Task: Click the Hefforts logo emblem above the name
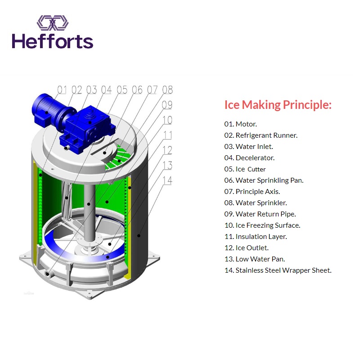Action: (53, 23)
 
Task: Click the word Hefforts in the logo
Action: (53, 41)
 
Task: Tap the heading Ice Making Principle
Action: (278, 105)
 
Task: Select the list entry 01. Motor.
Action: (240, 124)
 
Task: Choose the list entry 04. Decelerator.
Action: (249, 158)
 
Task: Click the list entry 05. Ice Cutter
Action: (245, 169)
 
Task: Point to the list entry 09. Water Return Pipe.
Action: (260, 214)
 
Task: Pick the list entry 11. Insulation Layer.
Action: (256, 237)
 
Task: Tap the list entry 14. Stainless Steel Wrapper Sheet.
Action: (278, 270)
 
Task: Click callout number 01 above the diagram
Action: (62, 90)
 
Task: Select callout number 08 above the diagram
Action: (167, 90)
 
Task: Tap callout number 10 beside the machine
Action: (167, 120)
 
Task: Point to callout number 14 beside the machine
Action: (167, 180)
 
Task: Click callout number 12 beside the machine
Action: (167, 150)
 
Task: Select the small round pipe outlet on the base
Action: (47, 274)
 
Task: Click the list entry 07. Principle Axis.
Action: (252, 192)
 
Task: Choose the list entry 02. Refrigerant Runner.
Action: (261, 135)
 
